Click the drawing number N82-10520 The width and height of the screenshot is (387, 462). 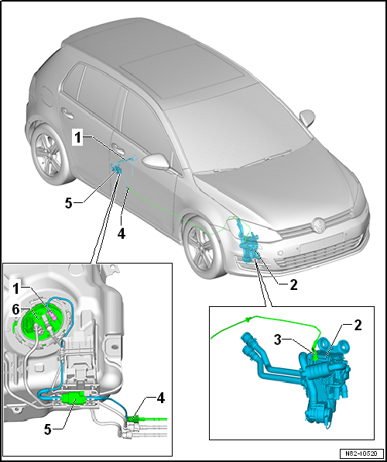click(x=361, y=453)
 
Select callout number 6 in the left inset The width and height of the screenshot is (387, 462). click(x=16, y=310)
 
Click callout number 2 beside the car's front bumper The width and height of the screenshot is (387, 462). click(x=293, y=285)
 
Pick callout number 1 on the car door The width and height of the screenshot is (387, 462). click(x=77, y=139)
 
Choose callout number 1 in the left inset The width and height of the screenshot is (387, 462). click(x=16, y=289)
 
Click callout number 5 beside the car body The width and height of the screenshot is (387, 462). click(x=69, y=203)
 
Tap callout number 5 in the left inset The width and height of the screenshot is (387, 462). click(x=48, y=430)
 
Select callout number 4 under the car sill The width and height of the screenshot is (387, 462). click(x=122, y=233)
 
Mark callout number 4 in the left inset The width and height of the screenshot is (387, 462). click(x=161, y=398)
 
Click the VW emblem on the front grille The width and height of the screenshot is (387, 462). click(x=318, y=225)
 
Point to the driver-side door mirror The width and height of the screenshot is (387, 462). click(x=156, y=161)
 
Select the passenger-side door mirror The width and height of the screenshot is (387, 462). click(x=307, y=117)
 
